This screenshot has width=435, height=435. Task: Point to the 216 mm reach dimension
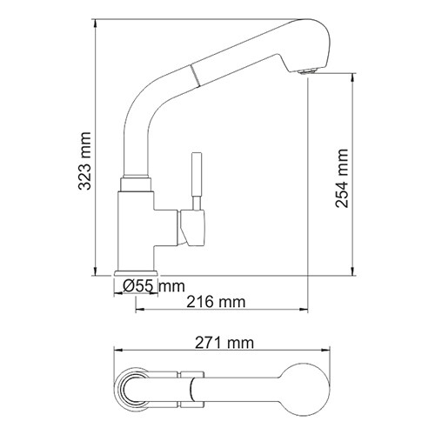tap(215, 302)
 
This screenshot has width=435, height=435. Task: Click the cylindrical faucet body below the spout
tap(135, 226)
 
